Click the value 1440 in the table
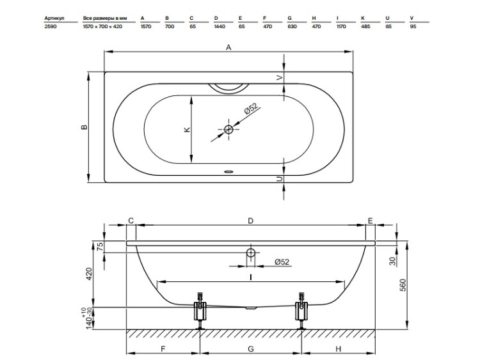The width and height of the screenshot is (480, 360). [x=220, y=27]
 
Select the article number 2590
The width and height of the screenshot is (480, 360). [x=51, y=27]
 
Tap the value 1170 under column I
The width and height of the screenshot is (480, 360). [x=341, y=27]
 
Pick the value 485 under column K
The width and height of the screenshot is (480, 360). [x=365, y=27]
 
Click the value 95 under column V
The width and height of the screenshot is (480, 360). [x=413, y=27]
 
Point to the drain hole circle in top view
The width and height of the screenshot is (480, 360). [x=228, y=129]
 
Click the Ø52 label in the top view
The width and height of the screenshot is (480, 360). [x=251, y=109]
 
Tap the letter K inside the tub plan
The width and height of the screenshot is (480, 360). [x=188, y=129]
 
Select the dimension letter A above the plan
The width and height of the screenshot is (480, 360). [x=228, y=47]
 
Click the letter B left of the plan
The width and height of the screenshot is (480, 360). [x=84, y=127]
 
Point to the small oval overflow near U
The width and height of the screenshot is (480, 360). [x=228, y=171]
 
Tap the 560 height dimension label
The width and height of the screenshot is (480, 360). [x=403, y=285]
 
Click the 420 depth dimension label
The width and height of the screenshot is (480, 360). [x=89, y=274]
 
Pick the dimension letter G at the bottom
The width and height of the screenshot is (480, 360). [x=251, y=349]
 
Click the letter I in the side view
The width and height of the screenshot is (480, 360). [x=251, y=277]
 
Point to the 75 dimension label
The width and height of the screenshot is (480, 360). [x=100, y=246]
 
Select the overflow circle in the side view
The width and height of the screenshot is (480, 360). [x=251, y=253]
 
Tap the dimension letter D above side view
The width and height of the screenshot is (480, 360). [x=250, y=221]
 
